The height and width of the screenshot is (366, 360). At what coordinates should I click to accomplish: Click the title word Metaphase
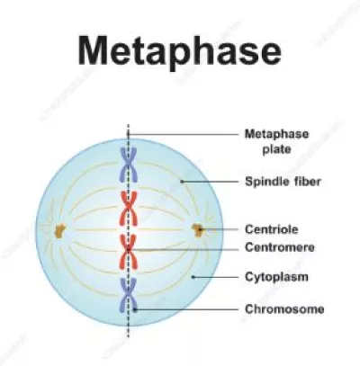(x=179, y=51)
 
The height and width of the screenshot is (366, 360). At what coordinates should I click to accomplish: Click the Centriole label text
(x=272, y=229)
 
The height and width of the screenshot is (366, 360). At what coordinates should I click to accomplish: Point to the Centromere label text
(x=280, y=247)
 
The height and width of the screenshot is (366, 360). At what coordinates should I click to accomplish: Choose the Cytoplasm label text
(x=276, y=277)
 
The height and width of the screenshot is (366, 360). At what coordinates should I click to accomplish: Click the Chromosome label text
(x=284, y=309)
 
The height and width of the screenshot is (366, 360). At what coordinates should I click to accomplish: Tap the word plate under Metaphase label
(x=276, y=149)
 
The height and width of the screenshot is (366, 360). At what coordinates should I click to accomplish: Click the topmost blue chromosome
(x=129, y=165)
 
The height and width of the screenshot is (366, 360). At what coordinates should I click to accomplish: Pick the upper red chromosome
(x=129, y=209)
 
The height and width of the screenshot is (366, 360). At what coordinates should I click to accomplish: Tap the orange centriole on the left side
(x=60, y=231)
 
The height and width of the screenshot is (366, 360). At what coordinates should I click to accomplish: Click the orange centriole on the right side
(x=198, y=230)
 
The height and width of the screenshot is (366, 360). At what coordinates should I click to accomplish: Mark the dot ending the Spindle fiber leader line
(x=181, y=182)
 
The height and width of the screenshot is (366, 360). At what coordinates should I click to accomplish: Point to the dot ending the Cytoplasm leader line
(x=193, y=277)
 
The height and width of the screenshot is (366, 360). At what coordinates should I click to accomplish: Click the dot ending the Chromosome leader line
(x=135, y=309)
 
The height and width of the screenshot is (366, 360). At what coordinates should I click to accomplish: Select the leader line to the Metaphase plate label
(x=183, y=134)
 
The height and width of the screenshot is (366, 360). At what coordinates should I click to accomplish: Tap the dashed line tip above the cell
(x=128, y=125)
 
